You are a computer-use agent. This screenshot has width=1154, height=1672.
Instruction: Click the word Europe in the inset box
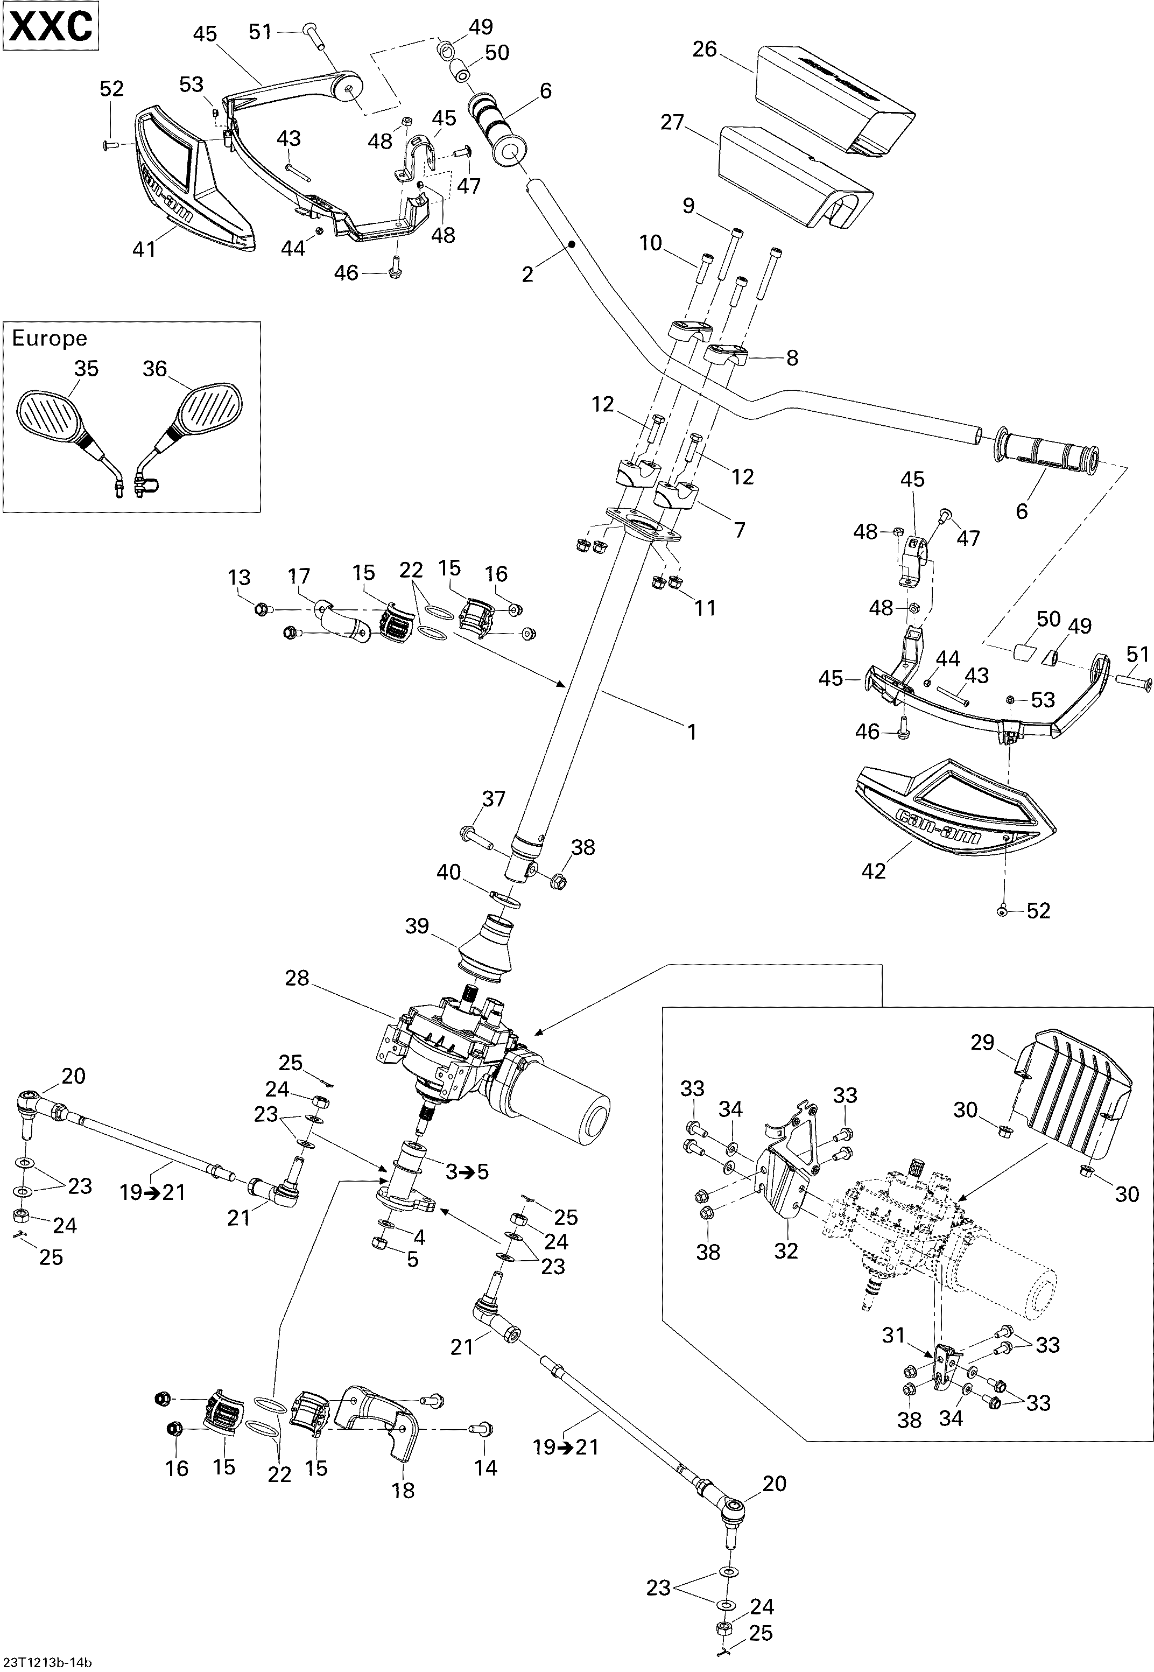pyautogui.click(x=49, y=339)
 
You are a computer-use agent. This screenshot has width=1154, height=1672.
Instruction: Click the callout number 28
pyautogui.click(x=297, y=979)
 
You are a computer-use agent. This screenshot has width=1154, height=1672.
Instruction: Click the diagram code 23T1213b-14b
pyautogui.click(x=47, y=1662)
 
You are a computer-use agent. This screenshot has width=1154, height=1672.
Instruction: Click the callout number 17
pyautogui.click(x=299, y=577)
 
